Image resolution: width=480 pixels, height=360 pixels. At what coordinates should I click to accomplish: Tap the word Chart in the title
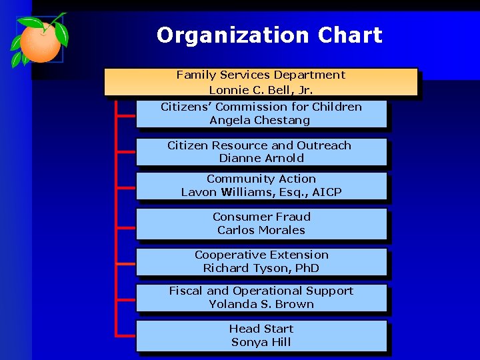click(350, 35)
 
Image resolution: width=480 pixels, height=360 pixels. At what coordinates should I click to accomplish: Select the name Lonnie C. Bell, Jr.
click(261, 90)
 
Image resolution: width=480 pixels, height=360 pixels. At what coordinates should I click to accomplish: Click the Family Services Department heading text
click(261, 75)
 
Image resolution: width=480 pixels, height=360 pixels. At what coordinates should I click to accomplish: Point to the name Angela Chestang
click(260, 121)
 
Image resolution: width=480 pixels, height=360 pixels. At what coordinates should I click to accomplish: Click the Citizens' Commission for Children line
click(261, 107)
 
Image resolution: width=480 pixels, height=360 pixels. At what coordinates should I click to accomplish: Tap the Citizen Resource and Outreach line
click(259, 145)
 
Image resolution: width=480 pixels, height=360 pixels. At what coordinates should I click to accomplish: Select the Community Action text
click(261, 179)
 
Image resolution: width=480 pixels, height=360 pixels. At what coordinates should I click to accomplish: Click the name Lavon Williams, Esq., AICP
click(261, 193)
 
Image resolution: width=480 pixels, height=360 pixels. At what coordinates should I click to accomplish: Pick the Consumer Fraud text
click(261, 217)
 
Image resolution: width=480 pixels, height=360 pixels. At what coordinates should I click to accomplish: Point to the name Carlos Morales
click(261, 231)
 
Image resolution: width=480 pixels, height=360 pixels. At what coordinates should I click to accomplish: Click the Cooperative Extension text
click(261, 255)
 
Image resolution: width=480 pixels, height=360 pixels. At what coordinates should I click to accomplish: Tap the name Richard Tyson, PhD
click(261, 269)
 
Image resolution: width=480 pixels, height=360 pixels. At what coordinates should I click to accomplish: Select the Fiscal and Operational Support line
click(261, 291)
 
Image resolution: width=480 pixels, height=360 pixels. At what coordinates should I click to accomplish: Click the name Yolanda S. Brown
click(261, 304)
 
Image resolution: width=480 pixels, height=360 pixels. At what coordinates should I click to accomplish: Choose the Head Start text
click(261, 329)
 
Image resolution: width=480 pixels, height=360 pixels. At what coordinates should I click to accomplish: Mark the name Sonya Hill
click(261, 343)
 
